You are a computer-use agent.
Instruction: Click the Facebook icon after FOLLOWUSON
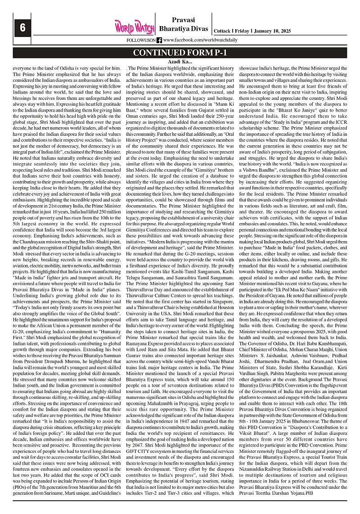click(x=159, y=40)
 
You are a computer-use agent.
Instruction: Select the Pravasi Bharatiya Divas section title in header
click(x=183, y=24)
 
